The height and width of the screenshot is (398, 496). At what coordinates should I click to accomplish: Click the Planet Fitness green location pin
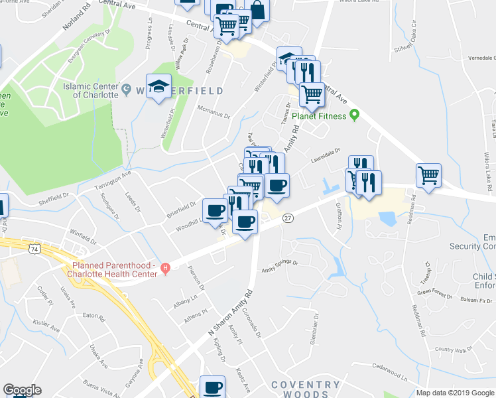pyautogui.click(x=354, y=116)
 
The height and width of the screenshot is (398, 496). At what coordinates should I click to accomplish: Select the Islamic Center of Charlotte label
pyautogui.click(x=90, y=90)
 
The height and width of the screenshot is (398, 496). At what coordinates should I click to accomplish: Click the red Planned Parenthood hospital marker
pyautogui.click(x=166, y=268)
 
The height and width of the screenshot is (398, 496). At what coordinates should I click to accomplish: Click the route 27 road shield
pyautogui.click(x=288, y=218)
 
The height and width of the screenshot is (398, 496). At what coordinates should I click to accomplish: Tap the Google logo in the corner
pyautogui.click(x=22, y=390)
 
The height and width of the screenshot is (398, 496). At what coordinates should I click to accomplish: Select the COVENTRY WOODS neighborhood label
pyautogui.click(x=306, y=389)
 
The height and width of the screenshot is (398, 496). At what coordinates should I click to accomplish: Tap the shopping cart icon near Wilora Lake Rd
pyautogui.click(x=429, y=176)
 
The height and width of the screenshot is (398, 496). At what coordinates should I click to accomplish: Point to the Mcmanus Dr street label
pyautogui.click(x=212, y=111)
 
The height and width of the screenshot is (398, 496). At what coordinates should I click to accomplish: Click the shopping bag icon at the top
pyautogui.click(x=257, y=10)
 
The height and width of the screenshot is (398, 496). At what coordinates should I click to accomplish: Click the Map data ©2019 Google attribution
pyautogui.click(x=455, y=393)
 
